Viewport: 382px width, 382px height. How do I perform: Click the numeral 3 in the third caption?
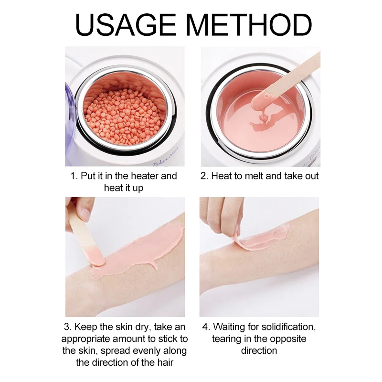click(66, 327)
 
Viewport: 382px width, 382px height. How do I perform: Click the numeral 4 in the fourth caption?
click(205, 327)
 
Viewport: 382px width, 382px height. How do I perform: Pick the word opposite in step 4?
click(284, 339)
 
